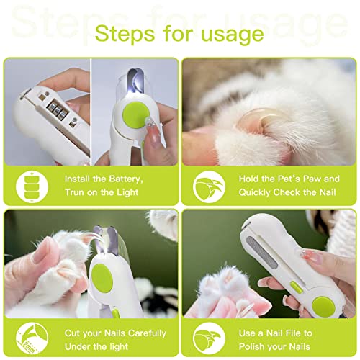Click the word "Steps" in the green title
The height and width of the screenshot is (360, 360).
coord(125,34)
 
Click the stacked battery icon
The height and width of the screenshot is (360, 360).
coord(32,186)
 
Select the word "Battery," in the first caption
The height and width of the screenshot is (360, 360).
coord(126,179)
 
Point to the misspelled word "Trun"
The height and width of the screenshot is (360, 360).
coord(75,192)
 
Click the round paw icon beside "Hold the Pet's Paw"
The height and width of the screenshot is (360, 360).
coord(209,186)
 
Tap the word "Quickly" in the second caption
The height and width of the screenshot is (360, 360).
coord(254,192)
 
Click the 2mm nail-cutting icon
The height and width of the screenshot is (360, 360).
coord(32,338)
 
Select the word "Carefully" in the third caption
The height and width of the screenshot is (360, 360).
coord(147,333)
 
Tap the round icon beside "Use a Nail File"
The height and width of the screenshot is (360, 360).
coord(209,338)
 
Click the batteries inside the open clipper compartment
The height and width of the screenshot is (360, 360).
coord(58,109)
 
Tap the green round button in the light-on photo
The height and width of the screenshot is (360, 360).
coord(135,115)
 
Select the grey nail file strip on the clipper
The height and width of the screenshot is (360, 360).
coord(262,253)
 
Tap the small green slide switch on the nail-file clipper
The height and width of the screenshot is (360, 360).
coord(297,287)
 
